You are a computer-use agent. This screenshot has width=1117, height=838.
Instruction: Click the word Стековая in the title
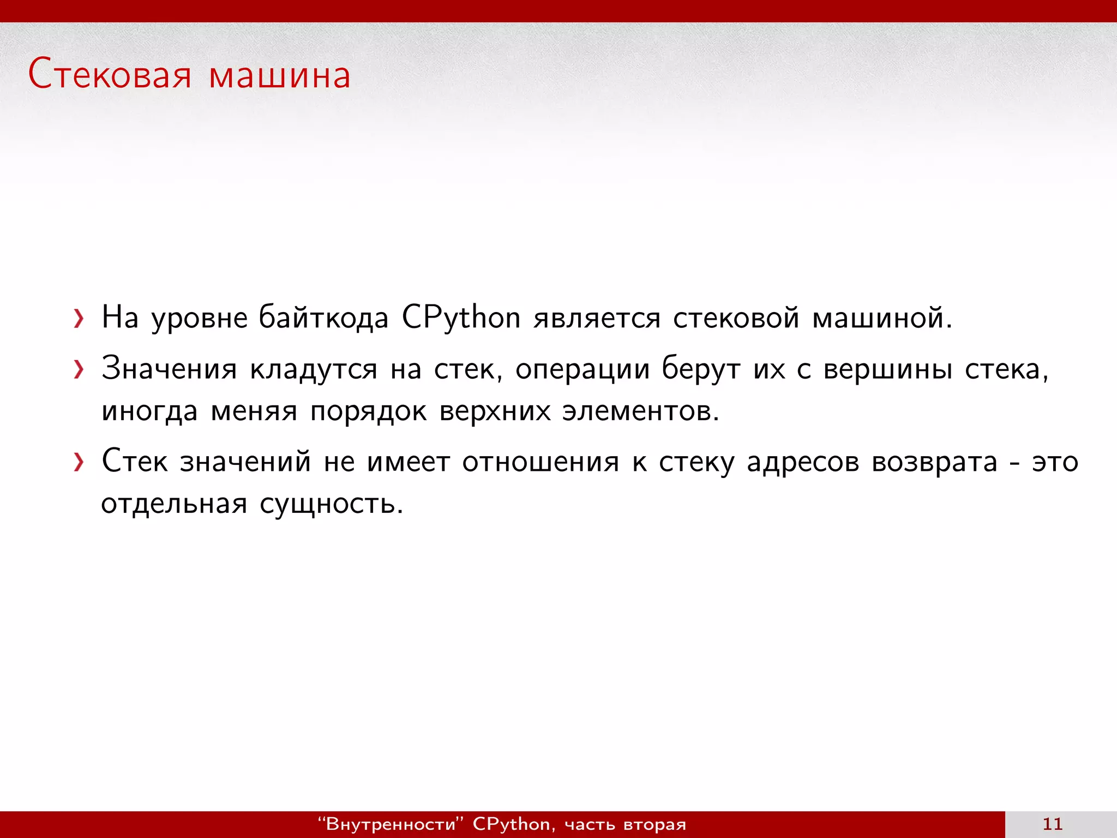[x=110, y=75]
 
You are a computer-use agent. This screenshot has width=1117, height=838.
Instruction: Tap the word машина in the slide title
[x=279, y=76]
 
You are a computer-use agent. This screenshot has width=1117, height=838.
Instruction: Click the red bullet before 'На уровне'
[x=79, y=319]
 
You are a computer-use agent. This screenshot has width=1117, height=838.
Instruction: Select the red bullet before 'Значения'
[x=79, y=370]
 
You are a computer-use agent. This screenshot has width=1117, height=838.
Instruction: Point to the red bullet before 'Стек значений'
[x=79, y=463]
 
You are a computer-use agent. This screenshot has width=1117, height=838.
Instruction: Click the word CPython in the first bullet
[x=461, y=318]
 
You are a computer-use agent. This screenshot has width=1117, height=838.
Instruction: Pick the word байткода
[x=323, y=318]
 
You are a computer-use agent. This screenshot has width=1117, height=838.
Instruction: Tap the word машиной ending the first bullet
[x=881, y=318]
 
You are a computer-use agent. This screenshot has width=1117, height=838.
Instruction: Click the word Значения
[x=169, y=369]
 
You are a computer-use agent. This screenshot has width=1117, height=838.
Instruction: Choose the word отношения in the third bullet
[x=541, y=462]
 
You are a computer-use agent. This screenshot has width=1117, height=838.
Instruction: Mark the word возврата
[x=934, y=462]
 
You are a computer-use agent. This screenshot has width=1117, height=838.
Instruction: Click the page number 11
[x=1052, y=824]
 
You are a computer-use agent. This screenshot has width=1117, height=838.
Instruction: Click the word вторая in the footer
[x=654, y=824]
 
